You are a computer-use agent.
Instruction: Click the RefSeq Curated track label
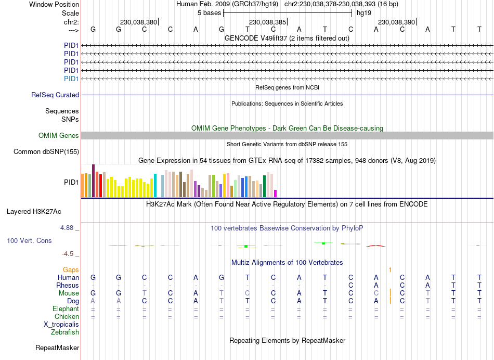point(55,95)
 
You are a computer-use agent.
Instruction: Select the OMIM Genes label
point(59,136)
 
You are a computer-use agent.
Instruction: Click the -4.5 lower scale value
point(68,254)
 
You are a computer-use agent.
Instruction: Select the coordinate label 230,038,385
point(267,22)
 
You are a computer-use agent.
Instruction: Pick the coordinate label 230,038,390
point(396,22)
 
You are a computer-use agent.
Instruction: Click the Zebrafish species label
point(65,332)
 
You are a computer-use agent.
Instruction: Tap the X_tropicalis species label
point(61,325)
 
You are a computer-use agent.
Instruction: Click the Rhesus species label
point(68,286)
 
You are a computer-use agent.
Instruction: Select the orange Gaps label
point(71,270)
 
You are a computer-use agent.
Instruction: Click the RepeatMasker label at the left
point(57,348)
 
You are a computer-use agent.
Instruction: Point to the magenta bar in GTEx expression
point(276,194)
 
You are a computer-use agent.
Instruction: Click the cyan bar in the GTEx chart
point(155,186)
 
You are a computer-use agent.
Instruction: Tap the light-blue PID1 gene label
point(71,79)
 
